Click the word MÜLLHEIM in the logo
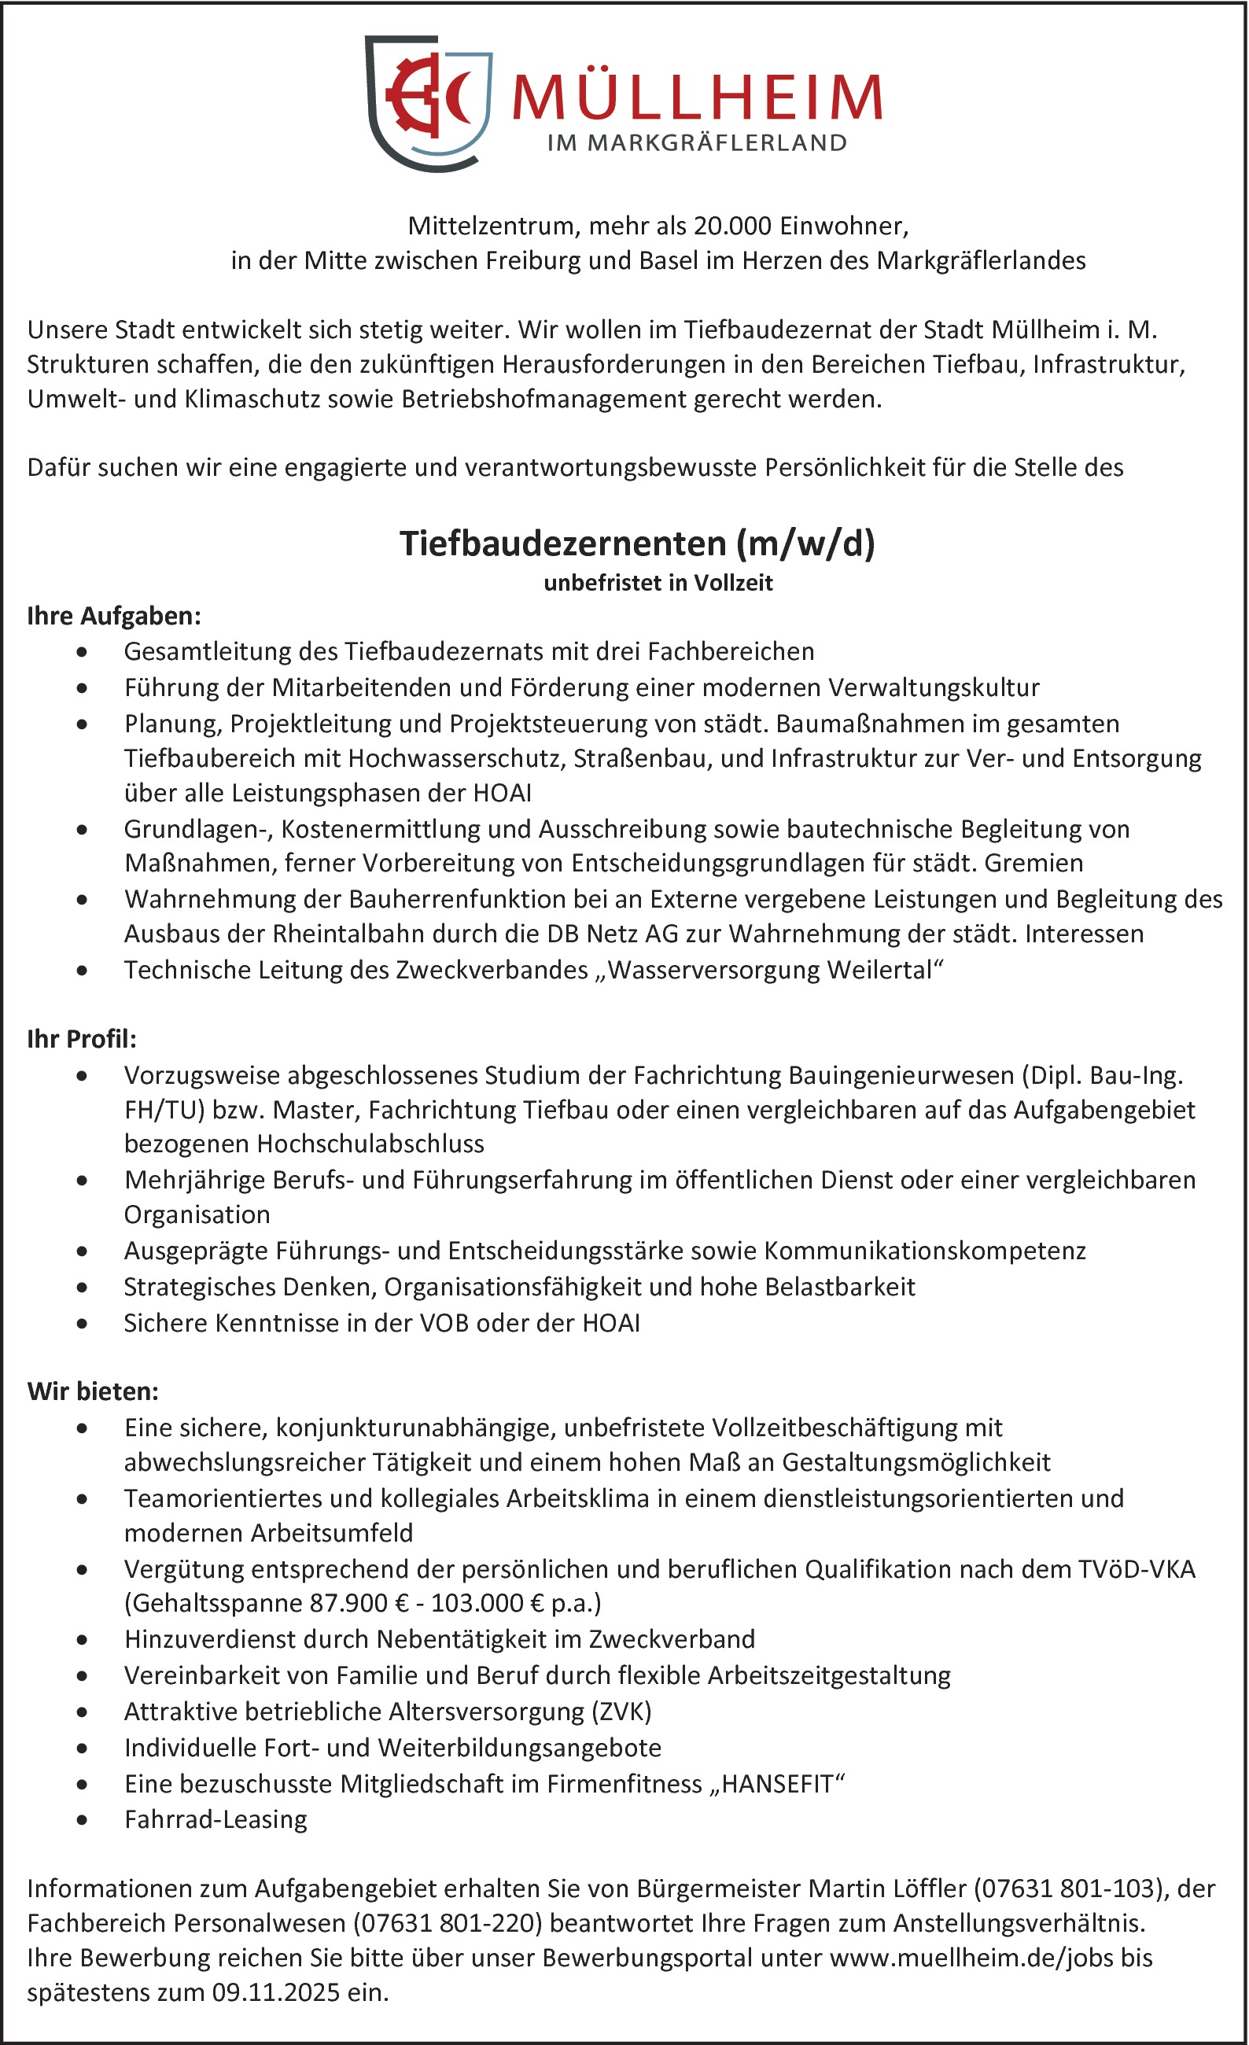coord(697,97)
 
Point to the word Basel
coord(669,260)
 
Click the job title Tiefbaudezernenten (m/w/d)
coord(636,543)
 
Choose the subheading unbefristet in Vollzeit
coord(658,583)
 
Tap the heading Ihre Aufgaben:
coord(114,616)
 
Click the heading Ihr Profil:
coord(81,1039)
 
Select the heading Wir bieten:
coord(92,1392)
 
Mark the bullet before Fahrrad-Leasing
coord(81,1820)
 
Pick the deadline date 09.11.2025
coord(275,1993)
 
